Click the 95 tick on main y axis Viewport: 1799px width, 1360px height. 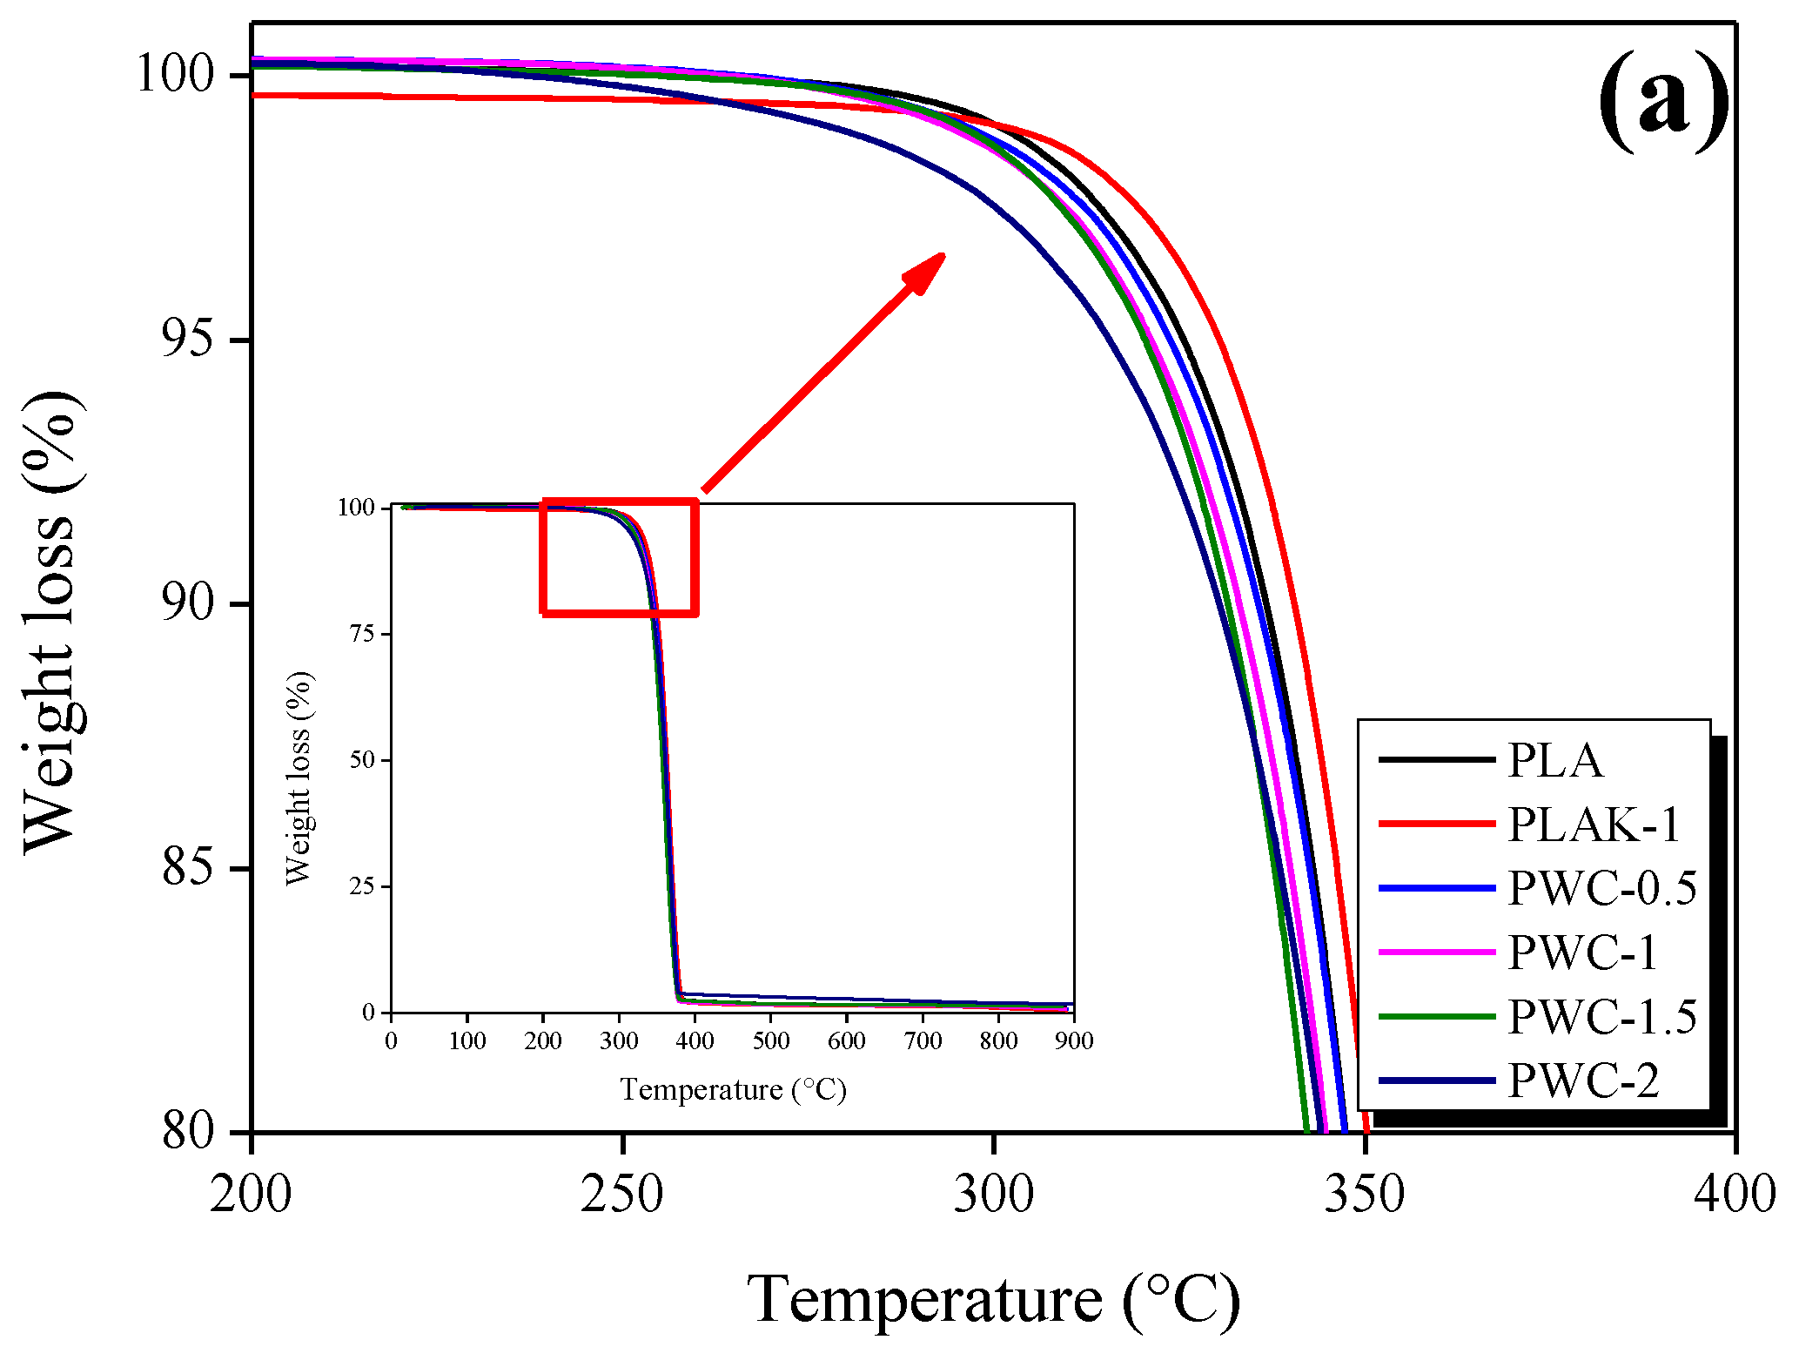pos(187,340)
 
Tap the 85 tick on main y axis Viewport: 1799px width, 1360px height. pos(187,868)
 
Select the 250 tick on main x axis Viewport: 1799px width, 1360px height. pos(622,1194)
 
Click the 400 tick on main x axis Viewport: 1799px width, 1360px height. pos(1735,1194)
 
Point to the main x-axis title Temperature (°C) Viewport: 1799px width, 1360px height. pos(993,1300)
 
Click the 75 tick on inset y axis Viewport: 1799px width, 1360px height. pos(362,634)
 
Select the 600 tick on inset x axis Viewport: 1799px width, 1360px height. pos(847,1040)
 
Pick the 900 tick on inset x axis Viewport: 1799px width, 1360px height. pos(1074,1040)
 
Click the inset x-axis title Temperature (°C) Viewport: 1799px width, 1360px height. pos(733,1089)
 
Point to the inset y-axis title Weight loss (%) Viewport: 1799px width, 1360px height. pos(299,778)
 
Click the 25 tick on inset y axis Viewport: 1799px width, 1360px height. pos(362,886)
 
